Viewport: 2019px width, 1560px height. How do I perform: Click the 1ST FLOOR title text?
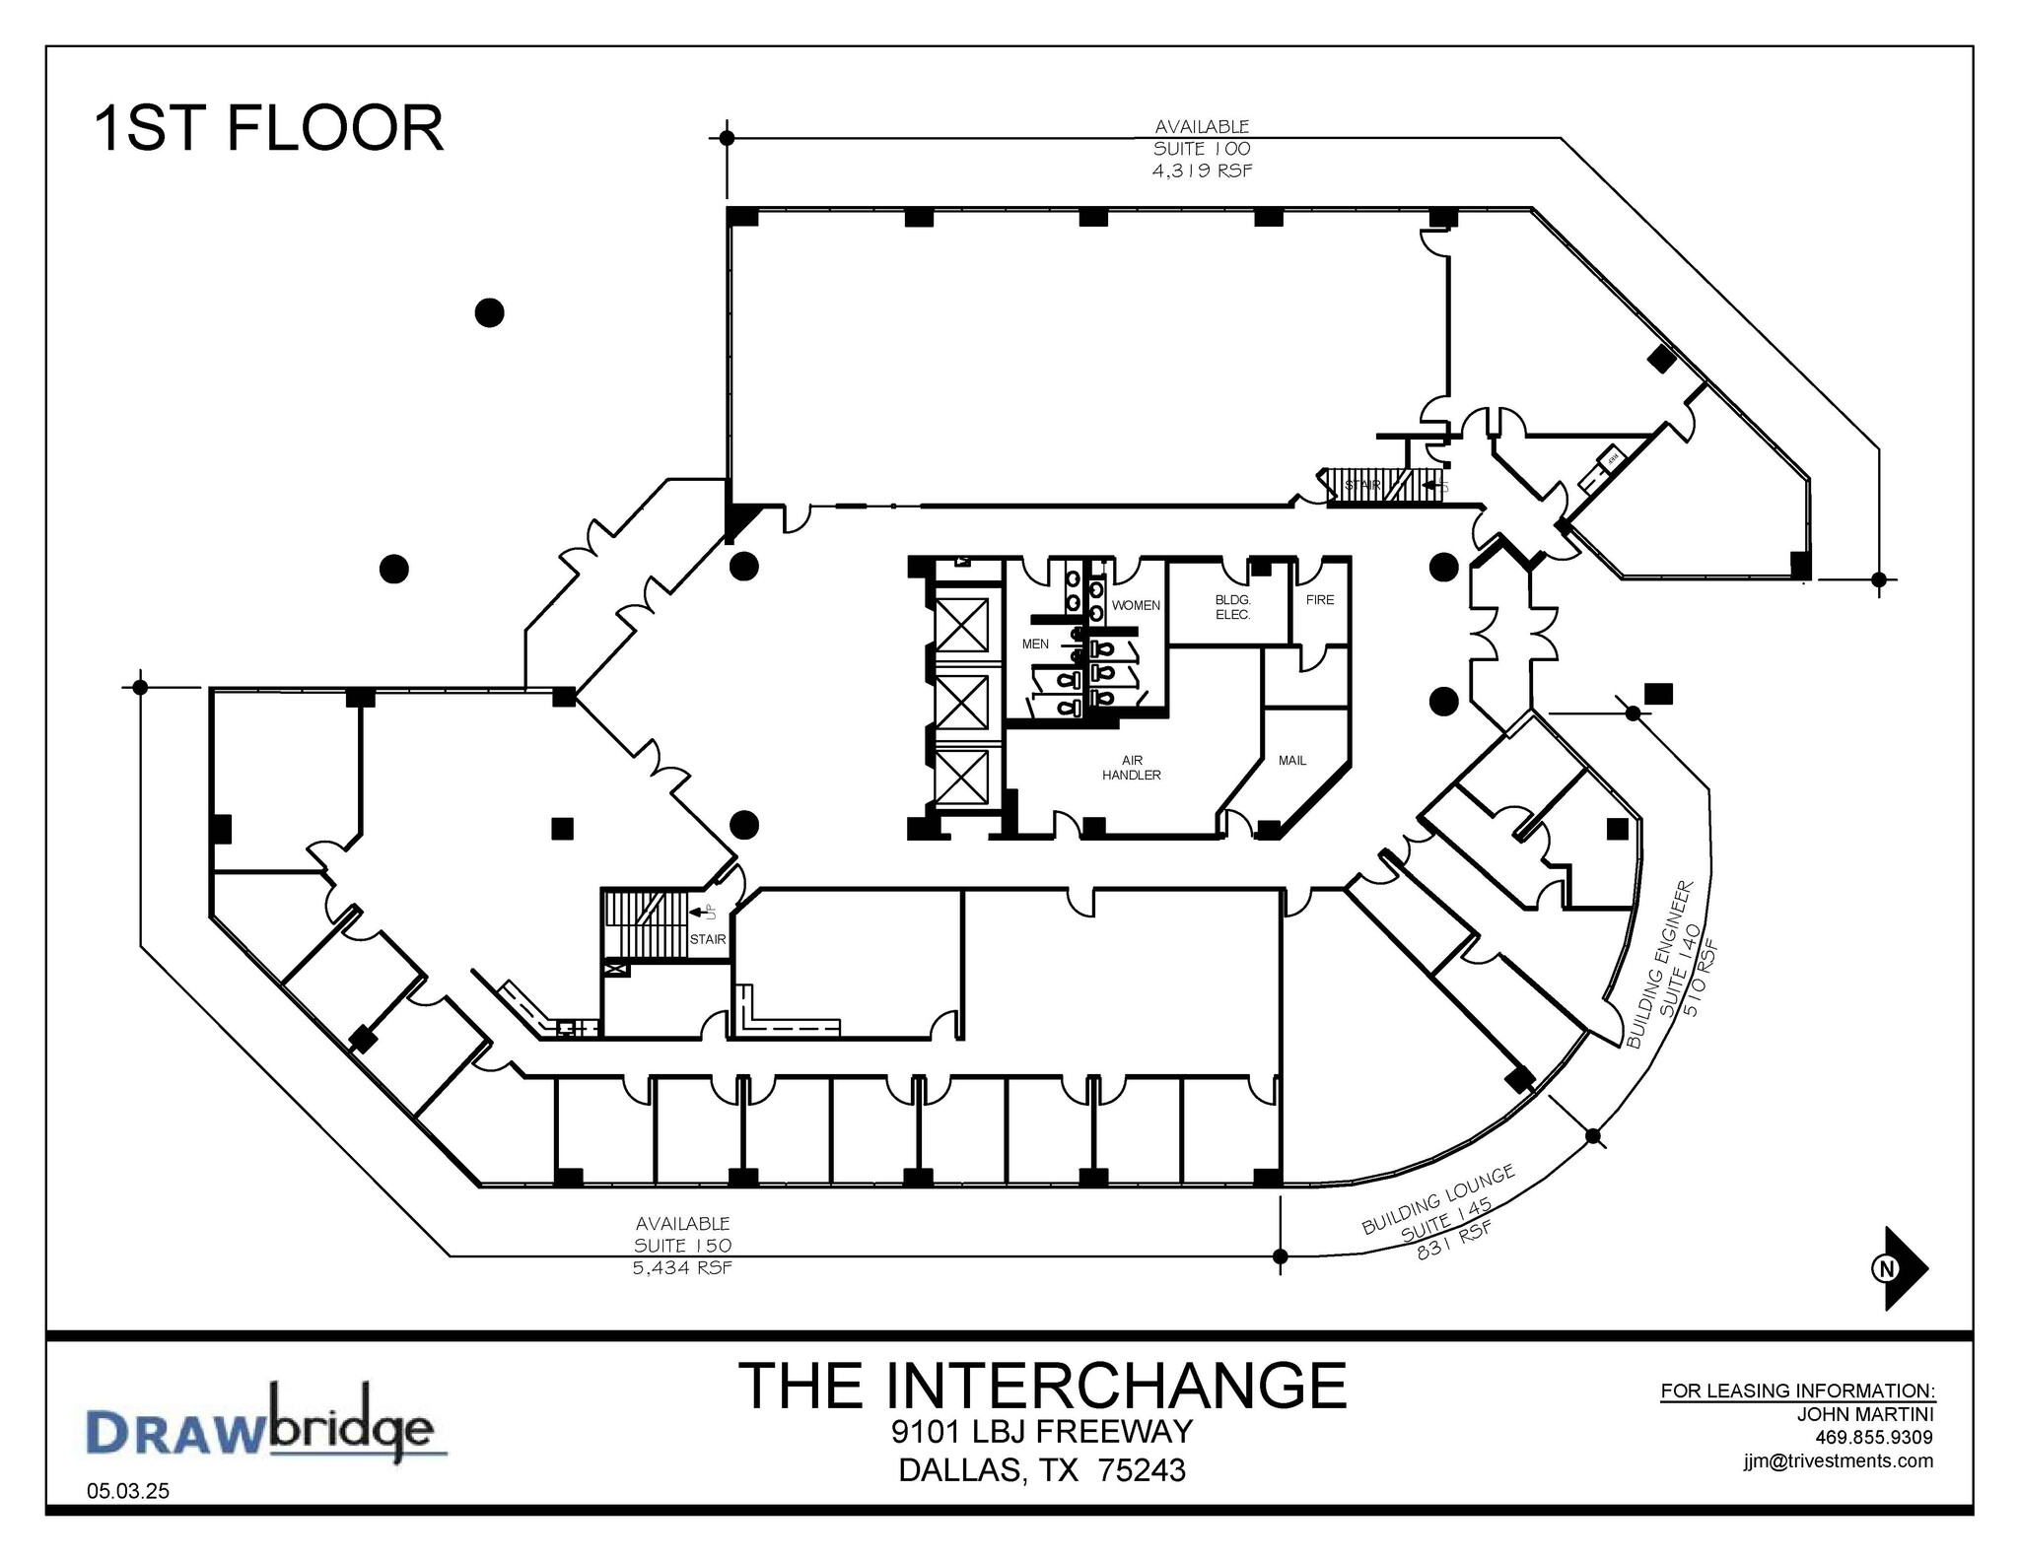pyautogui.click(x=268, y=129)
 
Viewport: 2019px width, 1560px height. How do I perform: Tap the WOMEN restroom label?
pyautogui.click(x=1136, y=605)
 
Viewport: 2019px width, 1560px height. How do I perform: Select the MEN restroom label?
pyautogui.click(x=1035, y=644)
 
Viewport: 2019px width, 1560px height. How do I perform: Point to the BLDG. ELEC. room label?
pyautogui.click(x=1232, y=607)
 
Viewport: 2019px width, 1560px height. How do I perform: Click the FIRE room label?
pyautogui.click(x=1319, y=599)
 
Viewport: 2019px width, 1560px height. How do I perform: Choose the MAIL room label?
pyautogui.click(x=1291, y=760)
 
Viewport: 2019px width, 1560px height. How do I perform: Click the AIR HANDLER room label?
pyautogui.click(x=1132, y=768)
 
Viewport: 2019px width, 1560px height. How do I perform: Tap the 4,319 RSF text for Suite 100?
pyautogui.click(x=1202, y=170)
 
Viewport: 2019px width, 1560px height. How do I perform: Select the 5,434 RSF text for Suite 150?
pyautogui.click(x=682, y=1267)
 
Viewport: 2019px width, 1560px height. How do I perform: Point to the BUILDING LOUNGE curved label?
pyautogui.click(x=1437, y=1199)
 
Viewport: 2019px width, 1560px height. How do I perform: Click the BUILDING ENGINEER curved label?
pyautogui.click(x=1660, y=964)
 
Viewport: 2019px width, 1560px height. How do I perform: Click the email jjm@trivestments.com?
pyautogui.click(x=1838, y=1460)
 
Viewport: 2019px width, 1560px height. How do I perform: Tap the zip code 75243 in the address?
pyautogui.click(x=1142, y=1470)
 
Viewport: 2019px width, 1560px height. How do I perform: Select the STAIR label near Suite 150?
pyautogui.click(x=707, y=939)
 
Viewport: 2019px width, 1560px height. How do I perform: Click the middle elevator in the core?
pyautogui.click(x=961, y=703)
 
